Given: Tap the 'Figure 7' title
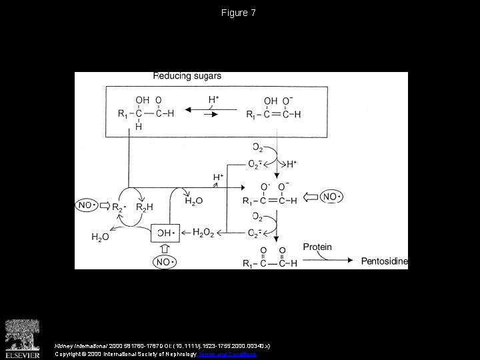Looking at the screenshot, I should click(x=239, y=13).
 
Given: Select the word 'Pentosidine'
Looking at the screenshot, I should click(x=384, y=261).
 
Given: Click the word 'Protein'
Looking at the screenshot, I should click(x=317, y=247).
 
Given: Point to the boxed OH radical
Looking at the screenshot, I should click(x=164, y=233).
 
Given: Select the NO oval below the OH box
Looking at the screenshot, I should click(x=165, y=262).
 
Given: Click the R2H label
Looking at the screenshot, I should click(x=145, y=207).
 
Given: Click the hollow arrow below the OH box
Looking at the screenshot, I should click(x=165, y=248).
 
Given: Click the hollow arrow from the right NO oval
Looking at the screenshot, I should click(x=312, y=197).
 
